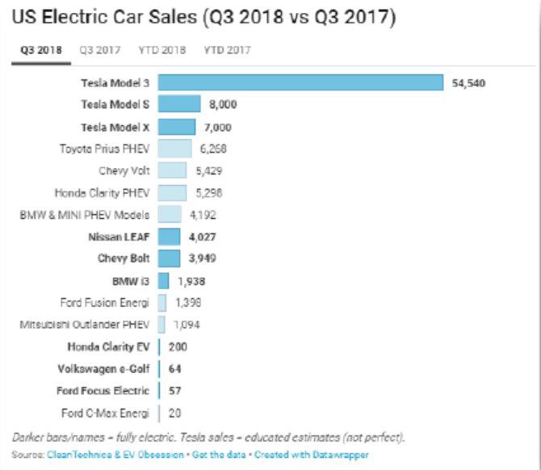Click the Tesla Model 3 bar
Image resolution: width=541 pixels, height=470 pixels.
(300, 82)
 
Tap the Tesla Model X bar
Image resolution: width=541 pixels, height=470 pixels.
(177, 127)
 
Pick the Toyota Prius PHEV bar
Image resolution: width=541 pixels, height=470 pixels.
(174, 149)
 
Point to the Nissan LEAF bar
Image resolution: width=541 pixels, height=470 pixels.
(169, 237)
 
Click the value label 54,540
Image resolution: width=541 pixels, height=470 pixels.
(469, 82)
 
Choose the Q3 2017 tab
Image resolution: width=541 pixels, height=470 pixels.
(100, 49)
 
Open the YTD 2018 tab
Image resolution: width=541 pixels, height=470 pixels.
(162, 49)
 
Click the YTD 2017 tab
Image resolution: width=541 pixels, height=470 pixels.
(227, 49)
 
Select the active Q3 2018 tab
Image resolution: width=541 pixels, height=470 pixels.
(40, 49)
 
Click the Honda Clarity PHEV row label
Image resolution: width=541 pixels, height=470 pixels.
(102, 193)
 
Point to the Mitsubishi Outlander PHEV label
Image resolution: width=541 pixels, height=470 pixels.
(85, 325)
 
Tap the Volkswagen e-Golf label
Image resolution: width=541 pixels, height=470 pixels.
(103, 369)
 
